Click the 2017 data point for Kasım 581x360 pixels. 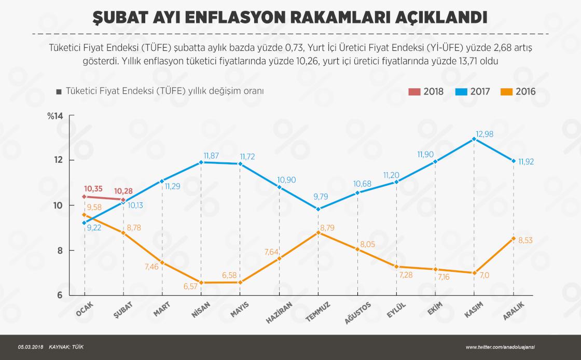point(474,139)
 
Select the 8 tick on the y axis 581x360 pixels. point(60,251)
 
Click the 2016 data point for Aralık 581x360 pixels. point(514,239)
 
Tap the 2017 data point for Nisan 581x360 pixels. point(201,162)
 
